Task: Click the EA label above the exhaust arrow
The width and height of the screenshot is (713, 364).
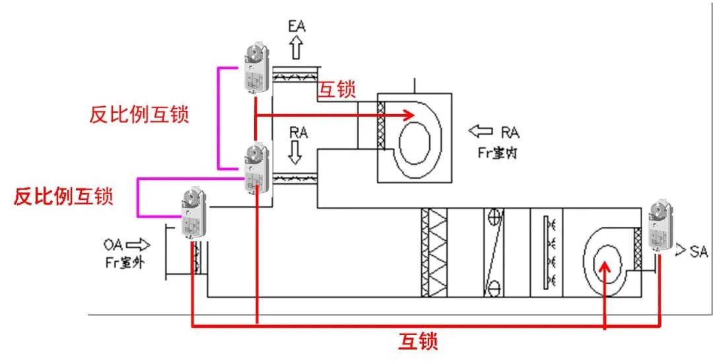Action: click(296, 26)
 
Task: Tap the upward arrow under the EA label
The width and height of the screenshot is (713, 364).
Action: click(296, 47)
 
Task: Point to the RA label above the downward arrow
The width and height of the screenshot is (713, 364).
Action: click(298, 132)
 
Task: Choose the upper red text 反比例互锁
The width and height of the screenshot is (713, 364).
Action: click(139, 115)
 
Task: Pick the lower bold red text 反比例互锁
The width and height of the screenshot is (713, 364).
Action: click(63, 196)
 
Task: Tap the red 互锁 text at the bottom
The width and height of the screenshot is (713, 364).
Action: click(418, 342)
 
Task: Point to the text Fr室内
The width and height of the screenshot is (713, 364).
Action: click(498, 151)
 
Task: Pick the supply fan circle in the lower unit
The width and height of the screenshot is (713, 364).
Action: click(606, 258)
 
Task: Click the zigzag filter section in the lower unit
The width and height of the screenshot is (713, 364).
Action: click(434, 253)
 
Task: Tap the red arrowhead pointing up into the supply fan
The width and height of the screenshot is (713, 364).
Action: click(605, 267)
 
